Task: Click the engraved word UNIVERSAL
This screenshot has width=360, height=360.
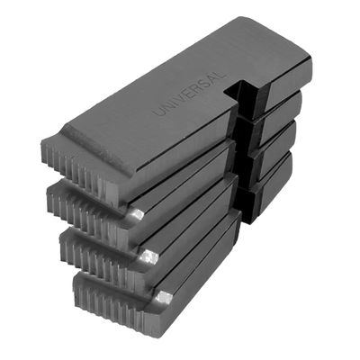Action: pos(189,93)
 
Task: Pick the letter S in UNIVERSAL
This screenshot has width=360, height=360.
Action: pos(204,84)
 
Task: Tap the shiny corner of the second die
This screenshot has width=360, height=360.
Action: pos(138,214)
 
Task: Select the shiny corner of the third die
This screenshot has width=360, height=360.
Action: pos(149,256)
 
